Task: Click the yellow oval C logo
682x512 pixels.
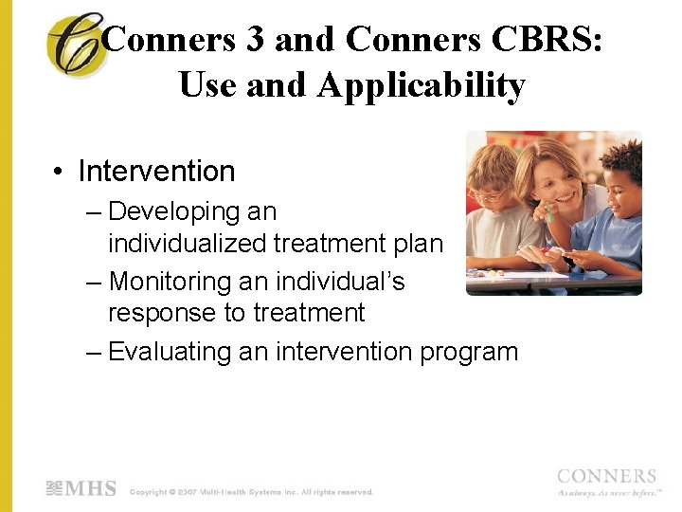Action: coord(76,46)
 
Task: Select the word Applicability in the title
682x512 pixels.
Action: coord(421,85)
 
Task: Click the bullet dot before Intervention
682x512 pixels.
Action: coord(60,173)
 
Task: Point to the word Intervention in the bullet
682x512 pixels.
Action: coord(156,172)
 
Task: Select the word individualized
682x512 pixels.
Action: coord(188,244)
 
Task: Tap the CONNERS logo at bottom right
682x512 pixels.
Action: coord(606,478)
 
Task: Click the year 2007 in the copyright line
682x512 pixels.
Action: coord(185,492)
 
